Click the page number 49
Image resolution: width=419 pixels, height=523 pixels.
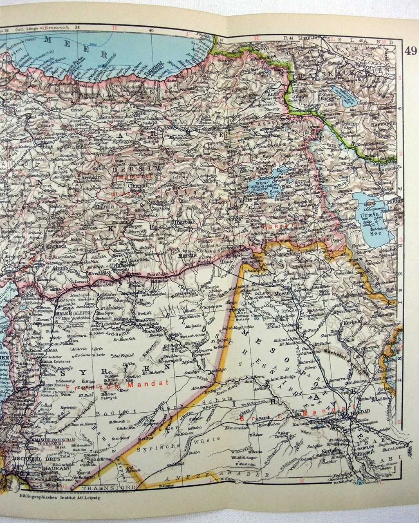pos(410,51)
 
